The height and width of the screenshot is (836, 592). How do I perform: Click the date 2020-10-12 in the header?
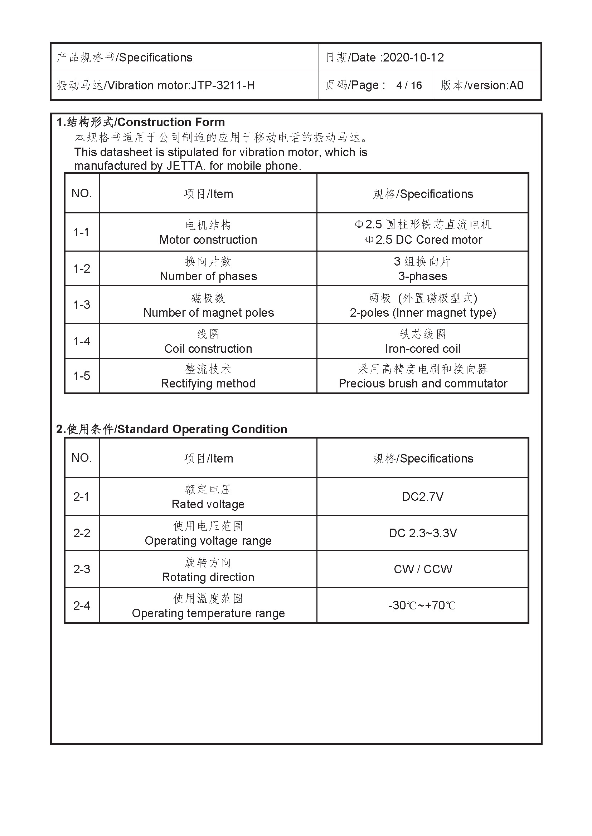point(413,58)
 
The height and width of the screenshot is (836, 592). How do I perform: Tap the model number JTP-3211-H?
point(223,85)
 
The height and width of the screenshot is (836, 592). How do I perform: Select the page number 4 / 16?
point(409,85)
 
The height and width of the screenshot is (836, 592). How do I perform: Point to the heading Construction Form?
point(171,122)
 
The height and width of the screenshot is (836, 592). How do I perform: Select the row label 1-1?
point(81,232)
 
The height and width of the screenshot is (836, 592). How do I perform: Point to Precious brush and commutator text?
point(423,383)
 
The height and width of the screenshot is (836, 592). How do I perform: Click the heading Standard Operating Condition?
point(202,429)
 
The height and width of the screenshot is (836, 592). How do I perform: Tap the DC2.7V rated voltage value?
point(422,496)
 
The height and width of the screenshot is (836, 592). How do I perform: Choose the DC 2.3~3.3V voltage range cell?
point(422,533)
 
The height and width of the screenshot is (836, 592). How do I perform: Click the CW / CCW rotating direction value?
point(423,569)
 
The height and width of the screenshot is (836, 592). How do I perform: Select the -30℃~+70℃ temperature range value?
point(422,605)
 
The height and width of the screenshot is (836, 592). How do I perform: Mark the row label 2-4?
point(82,605)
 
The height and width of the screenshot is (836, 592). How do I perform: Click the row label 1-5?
point(82,376)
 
